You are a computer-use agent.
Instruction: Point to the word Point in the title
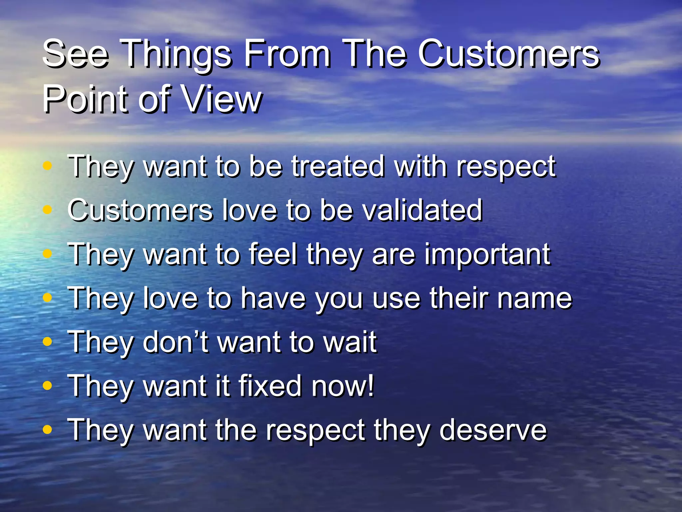[87, 99]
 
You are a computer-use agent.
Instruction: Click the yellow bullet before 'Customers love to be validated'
[48, 210]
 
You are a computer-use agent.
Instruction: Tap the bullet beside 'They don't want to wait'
[48, 341]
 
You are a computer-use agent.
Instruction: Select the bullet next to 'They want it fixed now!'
[48, 385]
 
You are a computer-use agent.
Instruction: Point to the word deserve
[493, 430]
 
